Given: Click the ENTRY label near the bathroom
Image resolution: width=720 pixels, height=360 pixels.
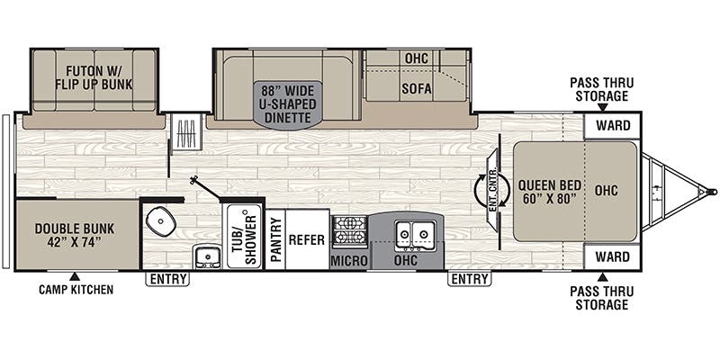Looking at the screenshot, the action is click(167, 279).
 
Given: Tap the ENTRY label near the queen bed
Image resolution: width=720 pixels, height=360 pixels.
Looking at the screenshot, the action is click(469, 279).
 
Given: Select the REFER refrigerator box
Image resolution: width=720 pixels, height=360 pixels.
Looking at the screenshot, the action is click(307, 239).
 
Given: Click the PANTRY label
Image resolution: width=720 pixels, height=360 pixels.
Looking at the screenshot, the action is click(275, 239).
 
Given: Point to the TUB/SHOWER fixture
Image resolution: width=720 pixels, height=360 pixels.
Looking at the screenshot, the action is click(244, 236).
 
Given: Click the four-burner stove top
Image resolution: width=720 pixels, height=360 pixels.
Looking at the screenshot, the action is click(350, 231).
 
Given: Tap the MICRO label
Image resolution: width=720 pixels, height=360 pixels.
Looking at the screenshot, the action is click(349, 261).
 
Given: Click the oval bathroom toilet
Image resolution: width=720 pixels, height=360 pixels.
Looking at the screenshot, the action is click(161, 221).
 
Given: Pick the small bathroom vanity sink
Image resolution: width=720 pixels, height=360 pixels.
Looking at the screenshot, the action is click(207, 256).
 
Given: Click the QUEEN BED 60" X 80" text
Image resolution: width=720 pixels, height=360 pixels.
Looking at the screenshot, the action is click(550, 193).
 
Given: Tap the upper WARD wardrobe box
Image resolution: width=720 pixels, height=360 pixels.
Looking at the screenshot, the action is click(612, 125).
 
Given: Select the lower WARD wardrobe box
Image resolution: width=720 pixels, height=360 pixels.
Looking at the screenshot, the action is click(612, 256).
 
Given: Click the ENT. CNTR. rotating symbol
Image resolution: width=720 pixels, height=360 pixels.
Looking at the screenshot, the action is click(492, 190).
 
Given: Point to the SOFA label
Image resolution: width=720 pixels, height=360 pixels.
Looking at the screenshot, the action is click(417, 88).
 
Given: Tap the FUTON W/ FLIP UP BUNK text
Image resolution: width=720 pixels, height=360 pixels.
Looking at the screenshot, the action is click(94, 78).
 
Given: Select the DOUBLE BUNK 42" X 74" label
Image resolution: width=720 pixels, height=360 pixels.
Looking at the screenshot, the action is click(75, 235).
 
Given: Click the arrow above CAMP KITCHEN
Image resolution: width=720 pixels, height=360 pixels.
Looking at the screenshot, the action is click(75, 276).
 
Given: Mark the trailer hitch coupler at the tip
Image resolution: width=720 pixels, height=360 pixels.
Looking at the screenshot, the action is click(711, 191).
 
